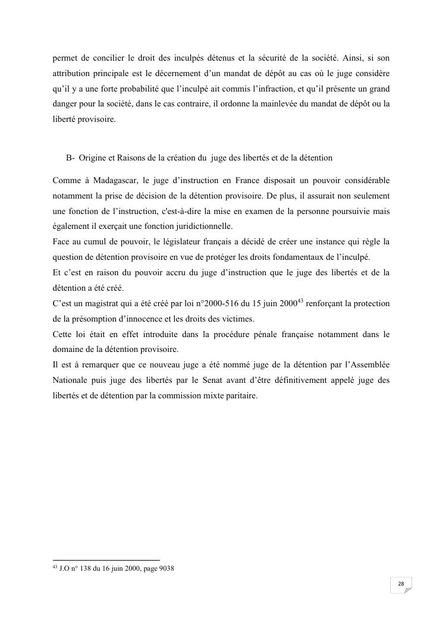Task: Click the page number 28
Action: tap(401, 584)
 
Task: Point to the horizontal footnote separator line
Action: tap(106, 559)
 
